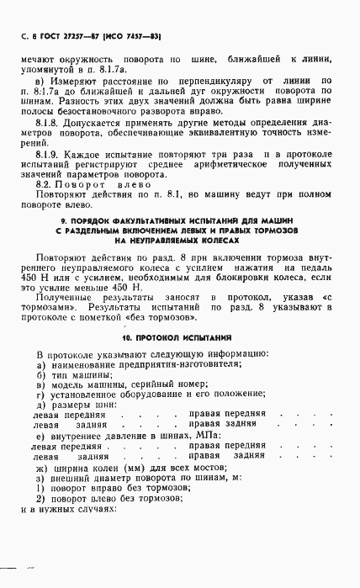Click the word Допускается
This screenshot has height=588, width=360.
click(96, 122)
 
